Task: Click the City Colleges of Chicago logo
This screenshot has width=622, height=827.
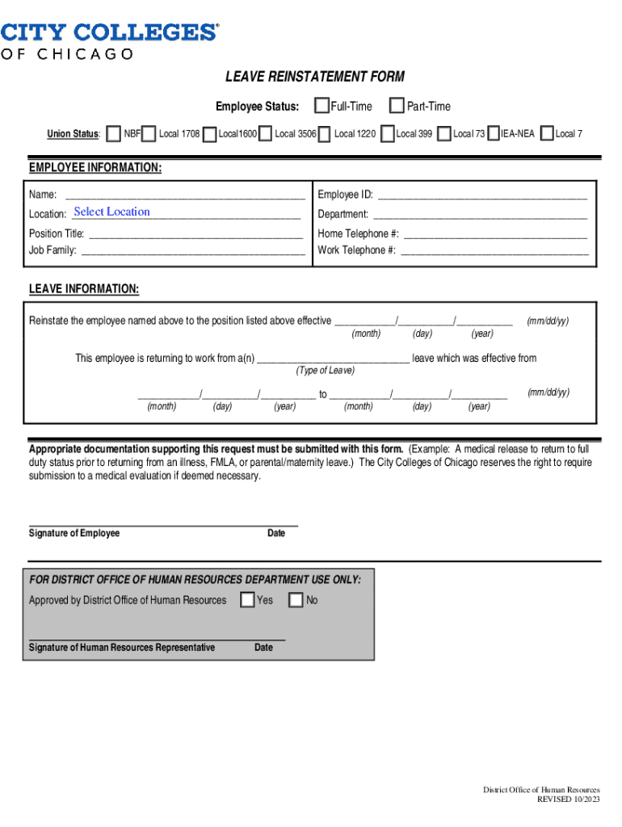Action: (x=109, y=41)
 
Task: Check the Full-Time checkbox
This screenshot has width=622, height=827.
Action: (x=322, y=106)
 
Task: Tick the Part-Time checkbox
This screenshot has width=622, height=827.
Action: (x=397, y=106)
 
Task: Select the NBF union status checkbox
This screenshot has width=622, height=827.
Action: (x=114, y=133)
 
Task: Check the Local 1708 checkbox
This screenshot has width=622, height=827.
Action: (x=149, y=133)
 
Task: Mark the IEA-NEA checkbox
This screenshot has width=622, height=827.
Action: (x=493, y=133)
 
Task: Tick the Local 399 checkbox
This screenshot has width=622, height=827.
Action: (x=388, y=133)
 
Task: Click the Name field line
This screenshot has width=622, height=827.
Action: (x=184, y=195)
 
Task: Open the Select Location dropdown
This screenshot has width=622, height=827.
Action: (x=111, y=212)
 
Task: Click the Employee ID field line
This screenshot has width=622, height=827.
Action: (x=482, y=195)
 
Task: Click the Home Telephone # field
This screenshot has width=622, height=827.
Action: (x=494, y=234)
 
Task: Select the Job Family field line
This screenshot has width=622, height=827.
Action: (x=193, y=250)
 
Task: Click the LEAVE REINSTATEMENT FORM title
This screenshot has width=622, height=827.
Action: (x=315, y=77)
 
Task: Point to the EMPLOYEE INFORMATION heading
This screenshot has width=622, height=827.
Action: (x=95, y=168)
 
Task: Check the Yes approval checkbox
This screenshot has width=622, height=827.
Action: (x=246, y=600)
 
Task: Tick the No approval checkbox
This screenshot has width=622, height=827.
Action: (x=296, y=600)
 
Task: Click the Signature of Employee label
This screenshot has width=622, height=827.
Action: (x=74, y=533)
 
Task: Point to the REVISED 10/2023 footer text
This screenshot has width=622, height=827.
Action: (x=569, y=799)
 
